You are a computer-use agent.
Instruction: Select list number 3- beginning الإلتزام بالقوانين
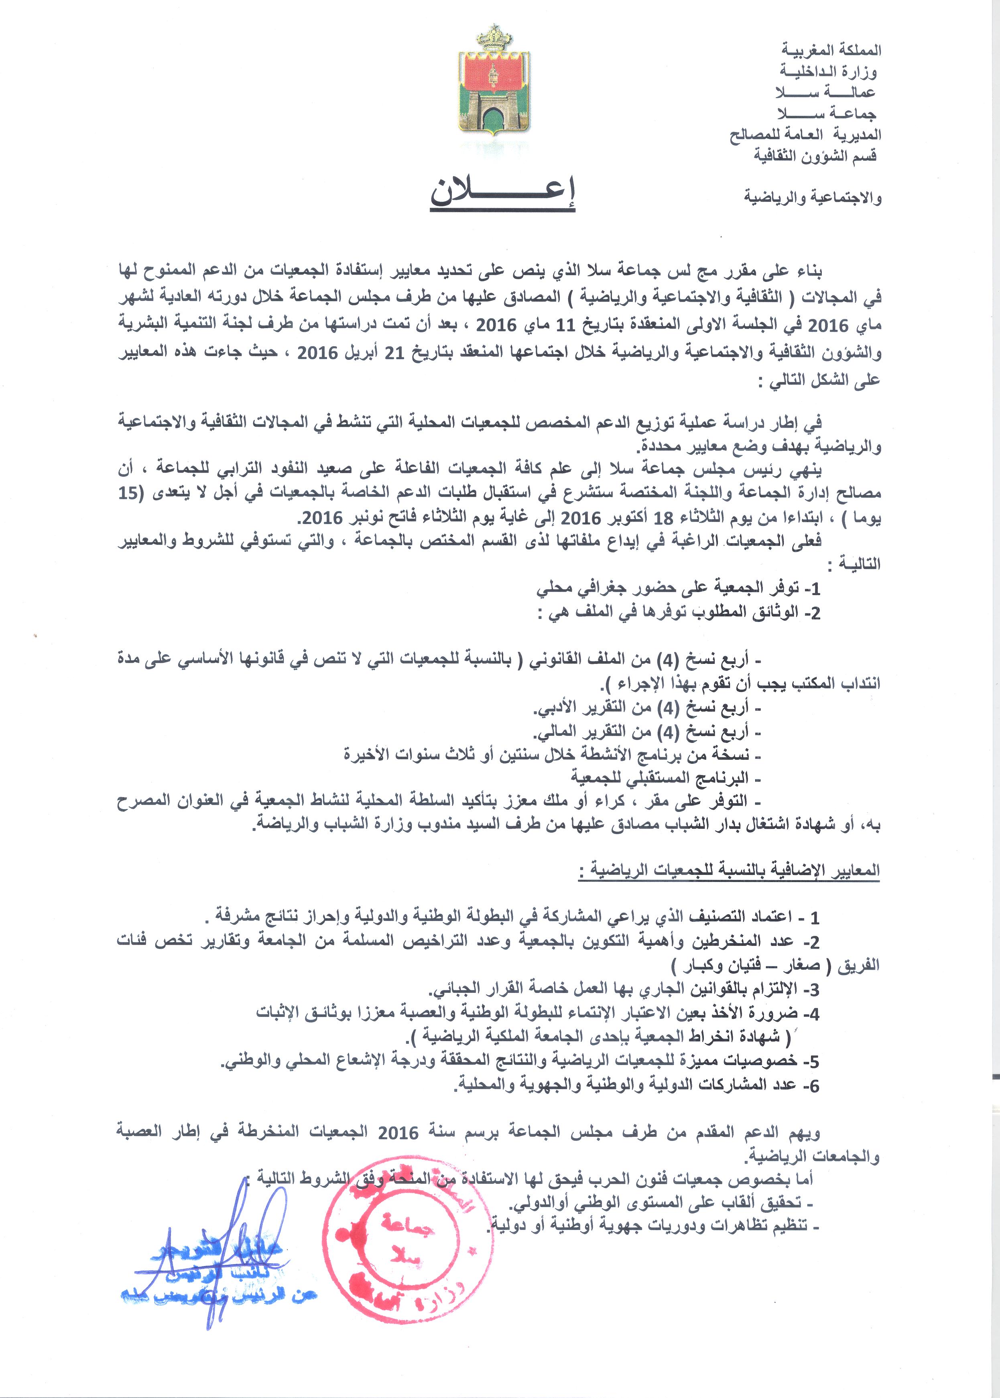810,990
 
